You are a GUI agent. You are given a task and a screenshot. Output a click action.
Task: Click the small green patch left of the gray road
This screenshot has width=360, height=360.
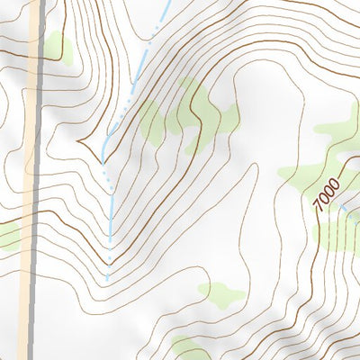point(7,236)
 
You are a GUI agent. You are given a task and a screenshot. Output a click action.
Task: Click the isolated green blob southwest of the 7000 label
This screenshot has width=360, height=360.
point(220,293)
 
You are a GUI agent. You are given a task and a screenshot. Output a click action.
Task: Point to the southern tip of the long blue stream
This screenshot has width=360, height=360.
point(108,279)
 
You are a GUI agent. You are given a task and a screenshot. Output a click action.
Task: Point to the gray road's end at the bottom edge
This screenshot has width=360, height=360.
point(31,357)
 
